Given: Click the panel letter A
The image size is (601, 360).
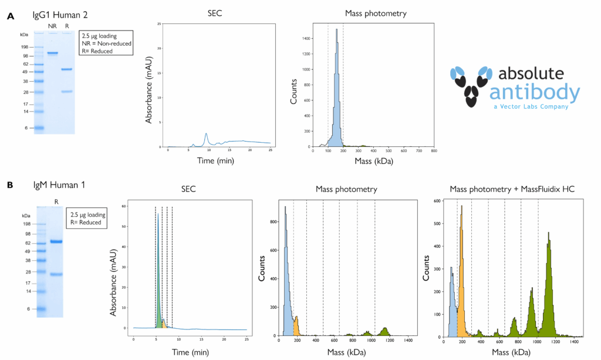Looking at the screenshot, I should (x=9, y=17).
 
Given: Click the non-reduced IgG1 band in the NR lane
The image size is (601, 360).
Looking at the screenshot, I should (x=52, y=53).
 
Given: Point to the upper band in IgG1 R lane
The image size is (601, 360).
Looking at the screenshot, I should (x=66, y=69).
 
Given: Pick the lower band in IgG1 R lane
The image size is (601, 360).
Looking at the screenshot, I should (x=66, y=91).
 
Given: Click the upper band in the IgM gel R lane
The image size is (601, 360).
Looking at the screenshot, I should (x=56, y=241).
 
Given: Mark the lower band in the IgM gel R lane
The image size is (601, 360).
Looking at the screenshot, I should (x=56, y=274).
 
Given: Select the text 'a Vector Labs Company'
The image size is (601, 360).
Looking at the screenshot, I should (x=531, y=107).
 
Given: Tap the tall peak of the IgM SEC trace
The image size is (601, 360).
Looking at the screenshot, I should (x=157, y=215).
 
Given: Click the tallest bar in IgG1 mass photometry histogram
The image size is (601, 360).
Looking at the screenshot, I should (x=336, y=29).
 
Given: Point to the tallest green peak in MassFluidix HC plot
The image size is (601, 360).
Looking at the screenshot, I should (x=548, y=233).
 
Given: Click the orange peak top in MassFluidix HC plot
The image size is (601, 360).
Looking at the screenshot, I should (x=462, y=207).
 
